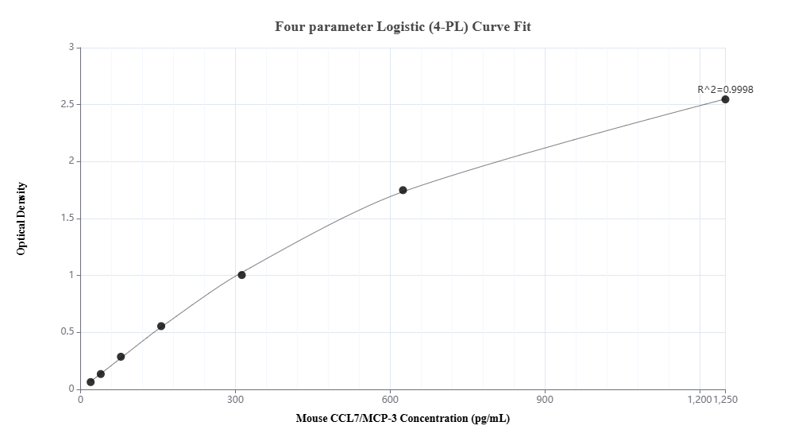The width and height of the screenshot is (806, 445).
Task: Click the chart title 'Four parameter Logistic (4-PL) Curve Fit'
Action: [x=403, y=27]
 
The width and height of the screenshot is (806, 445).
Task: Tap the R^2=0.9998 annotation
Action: [x=725, y=90]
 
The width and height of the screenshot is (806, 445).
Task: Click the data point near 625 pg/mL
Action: [x=403, y=190]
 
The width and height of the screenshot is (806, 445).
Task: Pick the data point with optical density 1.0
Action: [x=241, y=275]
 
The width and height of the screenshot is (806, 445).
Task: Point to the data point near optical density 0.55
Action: [x=161, y=326]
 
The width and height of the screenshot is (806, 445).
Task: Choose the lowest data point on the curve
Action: [x=91, y=382]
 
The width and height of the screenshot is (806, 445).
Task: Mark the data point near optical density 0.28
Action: [x=121, y=357]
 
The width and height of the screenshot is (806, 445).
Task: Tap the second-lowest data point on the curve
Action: [x=101, y=374]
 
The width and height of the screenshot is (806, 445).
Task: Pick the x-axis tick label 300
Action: [x=235, y=400]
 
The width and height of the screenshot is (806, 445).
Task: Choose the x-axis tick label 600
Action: [x=390, y=400]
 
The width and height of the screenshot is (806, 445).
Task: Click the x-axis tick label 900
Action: [x=545, y=400]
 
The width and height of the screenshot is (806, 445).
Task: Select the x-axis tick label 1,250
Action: [x=727, y=400]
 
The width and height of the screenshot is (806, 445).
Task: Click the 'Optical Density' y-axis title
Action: [x=21, y=219]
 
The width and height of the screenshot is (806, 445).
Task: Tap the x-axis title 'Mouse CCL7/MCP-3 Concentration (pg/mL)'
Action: [x=403, y=418]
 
